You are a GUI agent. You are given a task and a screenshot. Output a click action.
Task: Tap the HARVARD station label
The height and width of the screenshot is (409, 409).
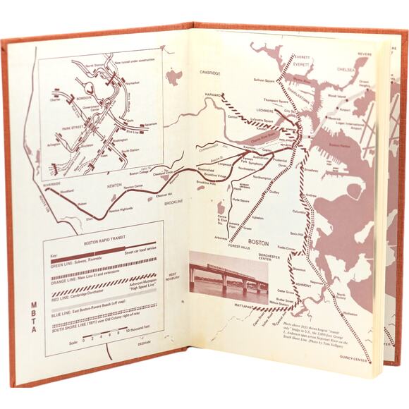tap(213, 94)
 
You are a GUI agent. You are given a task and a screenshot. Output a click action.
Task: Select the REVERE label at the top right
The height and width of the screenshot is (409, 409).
tap(365, 54)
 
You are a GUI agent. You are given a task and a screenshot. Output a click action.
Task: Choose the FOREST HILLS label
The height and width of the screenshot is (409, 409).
tap(243, 247)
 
